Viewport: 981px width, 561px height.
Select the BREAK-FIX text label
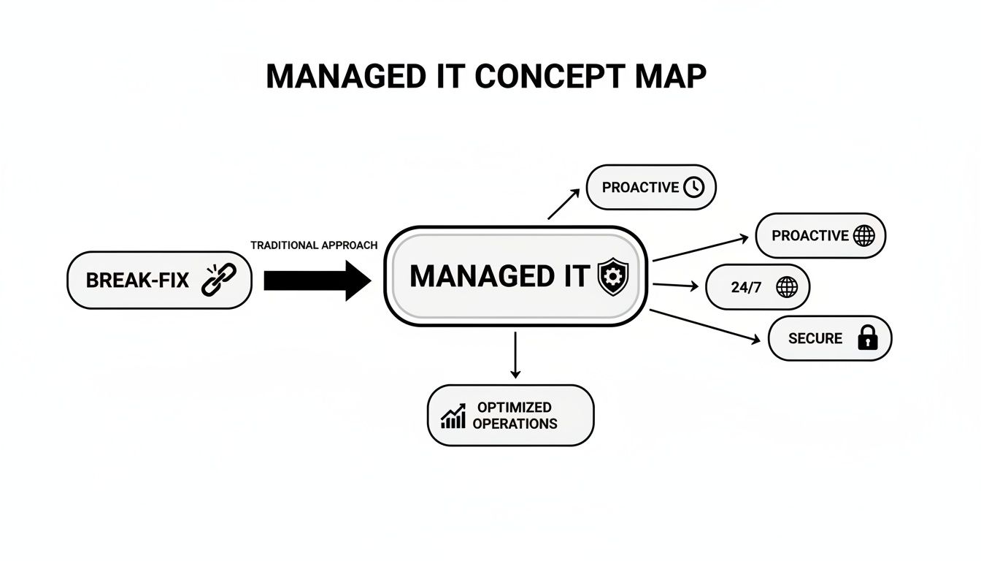[138, 280]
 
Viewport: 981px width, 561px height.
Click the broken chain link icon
[213, 280]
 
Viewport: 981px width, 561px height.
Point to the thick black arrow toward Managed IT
[317, 280]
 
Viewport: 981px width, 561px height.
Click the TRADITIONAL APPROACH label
[314, 245]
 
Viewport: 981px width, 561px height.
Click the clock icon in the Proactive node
[693, 188]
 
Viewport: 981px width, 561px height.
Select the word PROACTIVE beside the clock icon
[640, 188]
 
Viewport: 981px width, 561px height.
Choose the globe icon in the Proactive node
[863, 236]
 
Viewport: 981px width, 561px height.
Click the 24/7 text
[746, 288]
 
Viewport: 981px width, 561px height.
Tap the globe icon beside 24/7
[787, 288]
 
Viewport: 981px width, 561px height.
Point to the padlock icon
[867, 338]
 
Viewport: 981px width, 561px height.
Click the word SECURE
[815, 338]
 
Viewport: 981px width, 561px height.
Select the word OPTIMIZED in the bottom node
[514, 407]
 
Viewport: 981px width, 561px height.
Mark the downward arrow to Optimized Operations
[515, 355]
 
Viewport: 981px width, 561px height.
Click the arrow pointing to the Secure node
[704, 326]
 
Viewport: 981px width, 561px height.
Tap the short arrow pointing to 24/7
[674, 286]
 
